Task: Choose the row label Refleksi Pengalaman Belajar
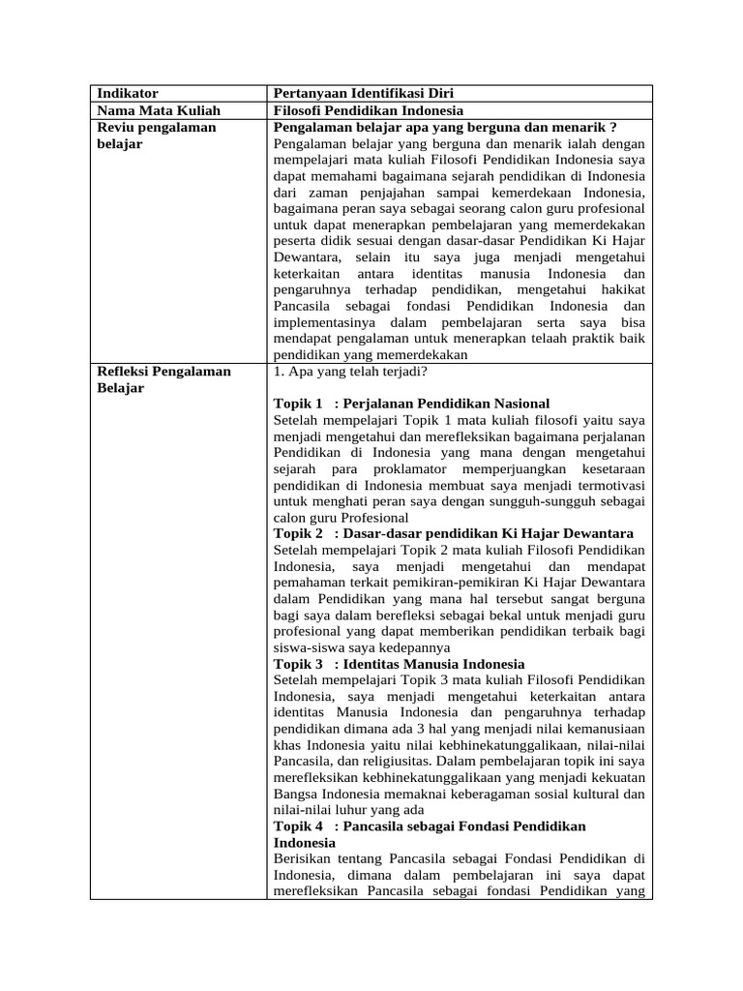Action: click(163, 379)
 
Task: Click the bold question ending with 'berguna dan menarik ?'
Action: click(446, 127)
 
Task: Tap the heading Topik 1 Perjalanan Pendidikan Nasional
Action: click(412, 404)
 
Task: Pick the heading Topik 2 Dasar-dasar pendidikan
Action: click(454, 533)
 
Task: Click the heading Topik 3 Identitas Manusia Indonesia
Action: click(400, 664)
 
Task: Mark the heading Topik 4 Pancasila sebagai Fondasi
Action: click(430, 834)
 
